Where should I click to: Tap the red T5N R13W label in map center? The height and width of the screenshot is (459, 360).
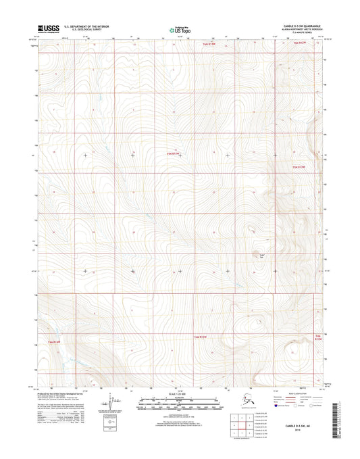pos(174,153)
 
